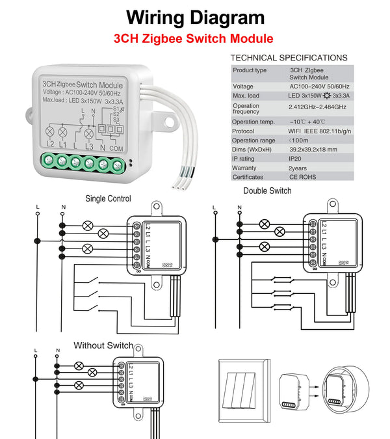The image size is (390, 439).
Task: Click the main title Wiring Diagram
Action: click(x=195, y=17)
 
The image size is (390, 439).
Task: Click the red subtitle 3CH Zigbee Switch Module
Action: click(x=193, y=38)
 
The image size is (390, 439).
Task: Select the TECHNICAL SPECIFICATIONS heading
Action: click(x=289, y=58)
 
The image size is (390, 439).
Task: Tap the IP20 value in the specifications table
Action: click(x=296, y=158)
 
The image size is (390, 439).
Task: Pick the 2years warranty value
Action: click(x=299, y=167)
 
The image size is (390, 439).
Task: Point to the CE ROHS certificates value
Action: click(x=304, y=177)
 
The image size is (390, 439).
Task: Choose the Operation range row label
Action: click(x=254, y=140)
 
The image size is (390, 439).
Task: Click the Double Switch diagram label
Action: click(x=267, y=191)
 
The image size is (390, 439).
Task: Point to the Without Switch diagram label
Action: click(x=103, y=345)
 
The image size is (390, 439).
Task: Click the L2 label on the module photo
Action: click(x=51, y=143)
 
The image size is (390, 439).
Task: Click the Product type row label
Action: click(x=250, y=70)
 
